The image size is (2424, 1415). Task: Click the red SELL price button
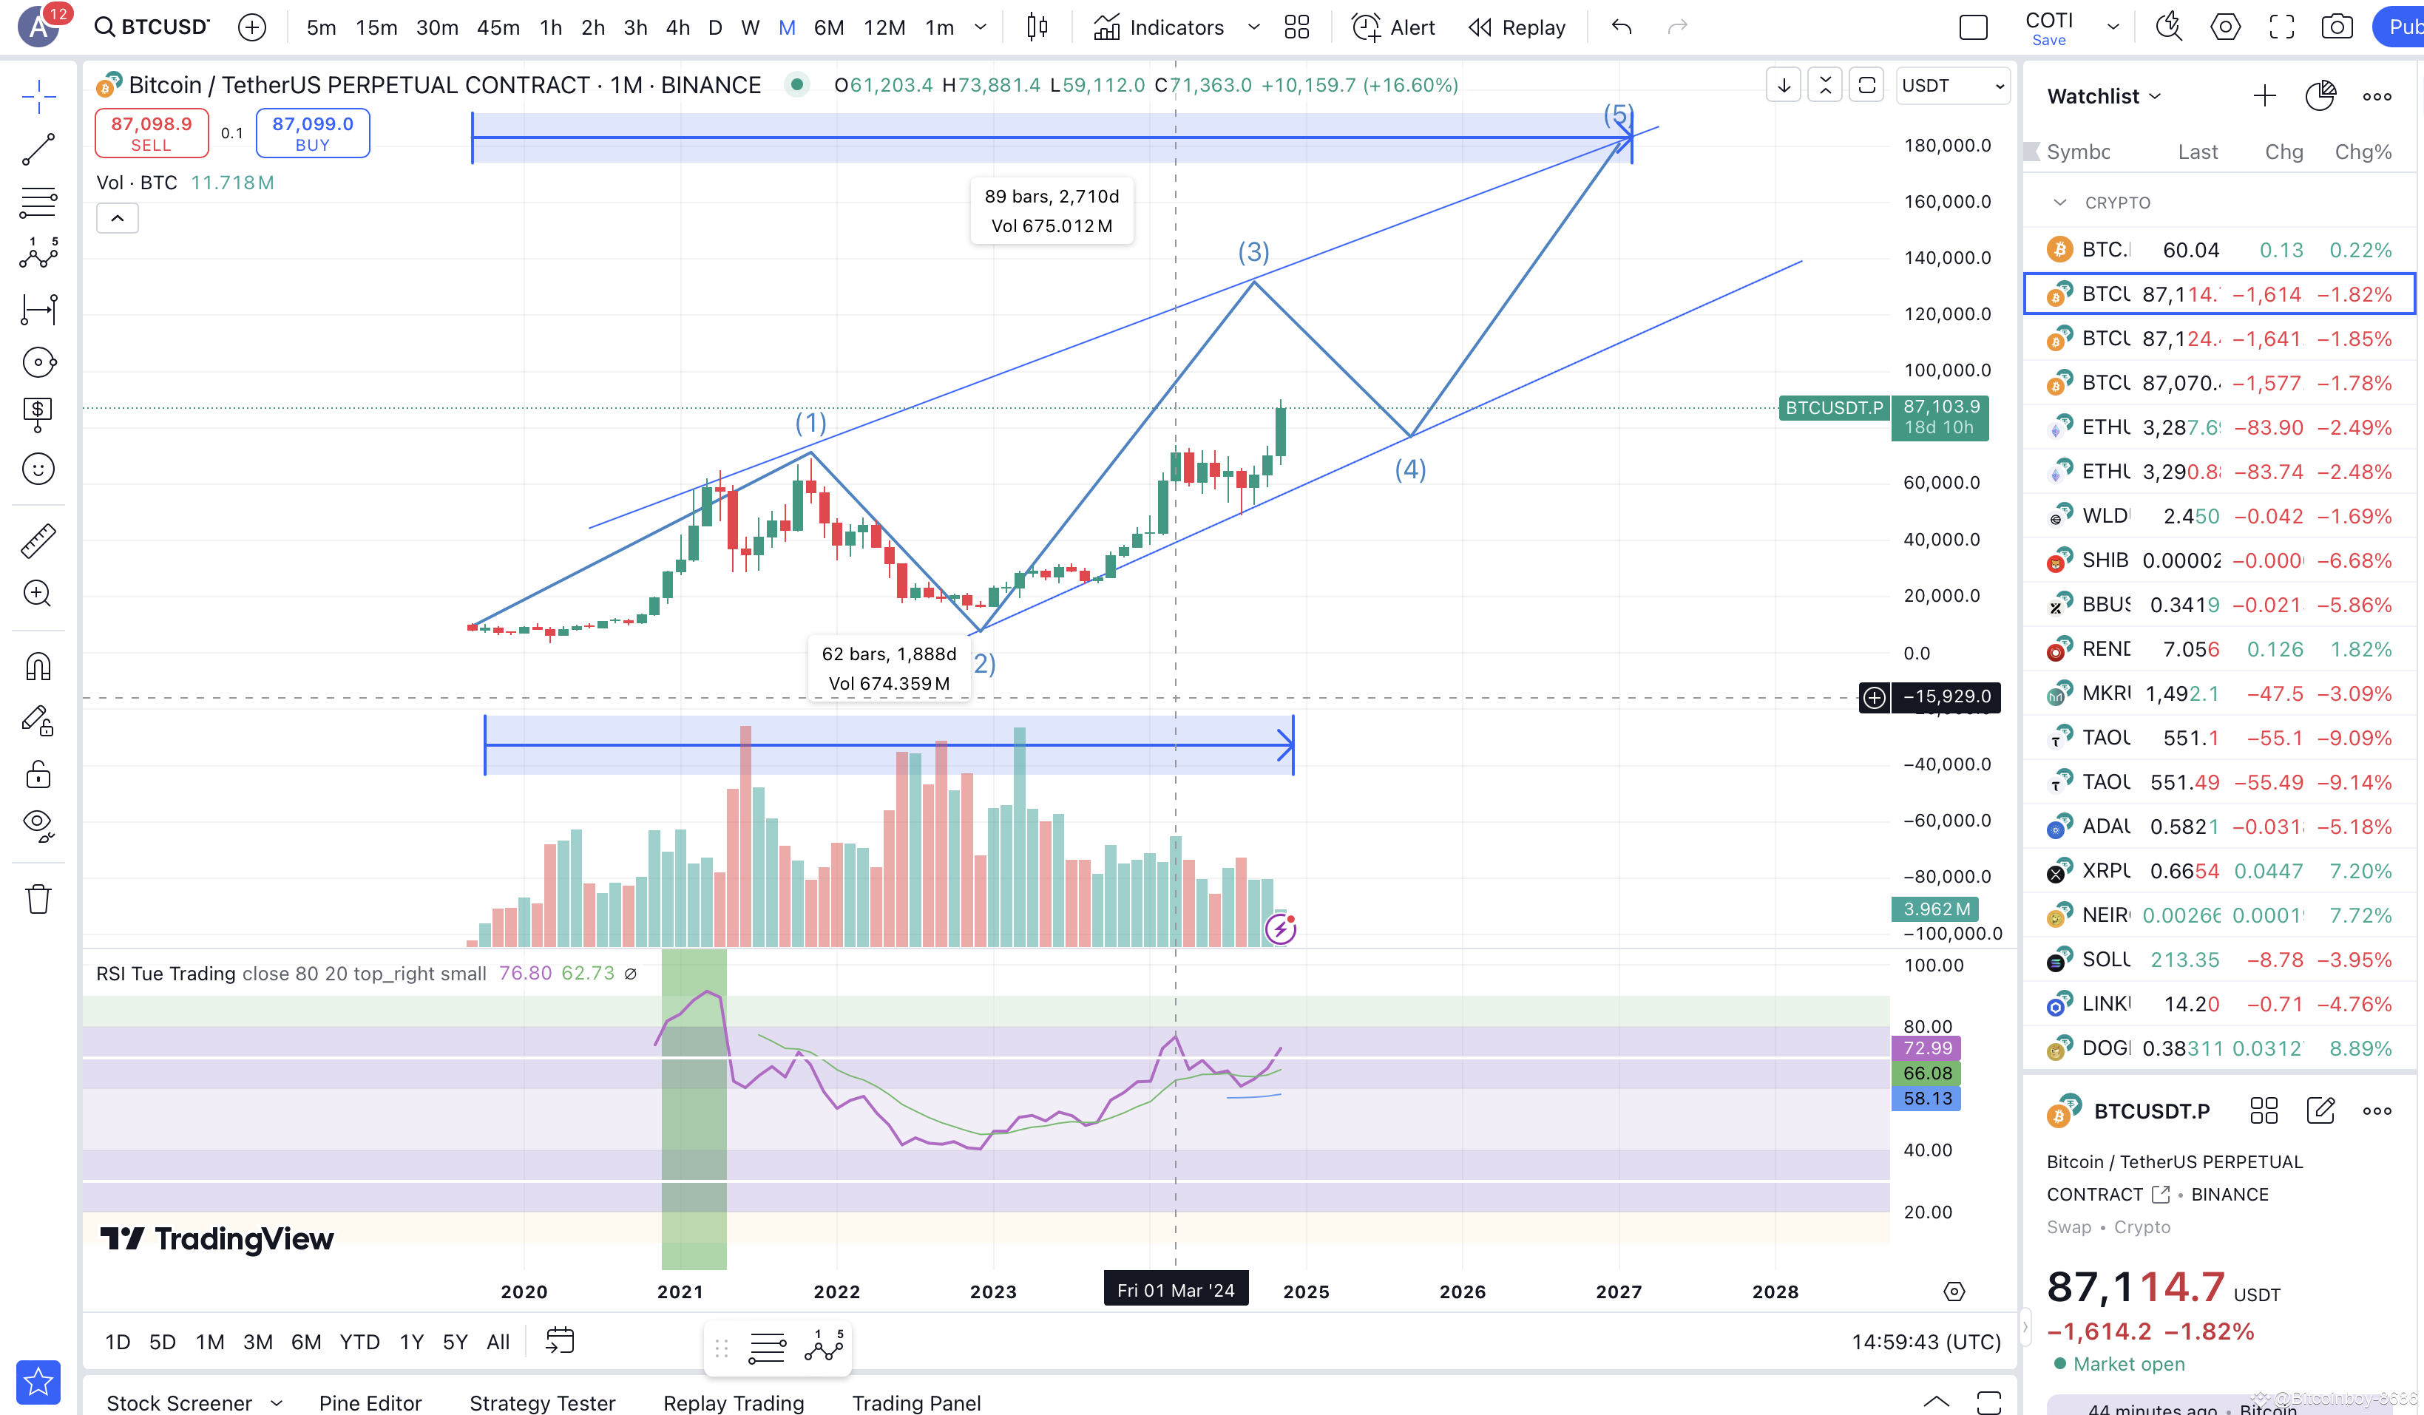tap(151, 133)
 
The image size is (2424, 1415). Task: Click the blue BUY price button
tap(313, 133)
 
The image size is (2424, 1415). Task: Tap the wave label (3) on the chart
tap(1253, 252)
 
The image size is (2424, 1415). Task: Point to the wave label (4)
tap(1410, 469)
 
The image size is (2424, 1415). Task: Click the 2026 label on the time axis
tap(1462, 1292)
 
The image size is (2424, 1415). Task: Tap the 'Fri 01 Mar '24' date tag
tap(1176, 1290)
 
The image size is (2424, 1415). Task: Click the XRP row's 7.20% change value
tap(2360, 872)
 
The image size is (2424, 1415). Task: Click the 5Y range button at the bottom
tap(455, 1342)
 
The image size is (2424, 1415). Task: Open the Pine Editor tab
tap(370, 1402)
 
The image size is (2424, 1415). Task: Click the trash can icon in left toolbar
tap(38, 898)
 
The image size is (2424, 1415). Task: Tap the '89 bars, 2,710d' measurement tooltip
tap(1052, 211)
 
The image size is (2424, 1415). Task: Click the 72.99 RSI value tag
tap(1926, 1048)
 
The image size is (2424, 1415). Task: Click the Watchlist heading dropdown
tap(2104, 96)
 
